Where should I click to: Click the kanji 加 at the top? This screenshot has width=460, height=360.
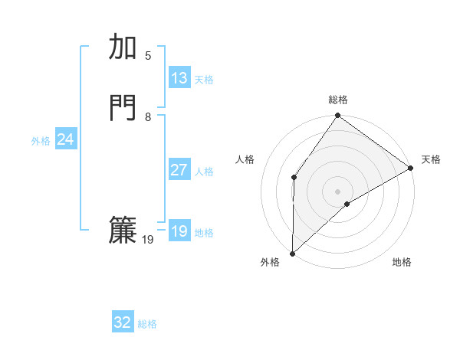(123, 47)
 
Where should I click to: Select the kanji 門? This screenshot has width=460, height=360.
(123, 108)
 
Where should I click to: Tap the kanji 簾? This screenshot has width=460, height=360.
(123, 231)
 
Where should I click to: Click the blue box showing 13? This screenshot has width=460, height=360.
(179, 78)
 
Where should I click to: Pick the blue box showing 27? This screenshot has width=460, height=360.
(179, 170)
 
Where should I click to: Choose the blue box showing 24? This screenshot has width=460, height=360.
(66, 139)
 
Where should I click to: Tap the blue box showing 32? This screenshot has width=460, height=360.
(123, 322)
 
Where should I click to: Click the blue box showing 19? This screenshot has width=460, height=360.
(179, 231)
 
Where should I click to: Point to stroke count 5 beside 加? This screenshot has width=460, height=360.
(148, 55)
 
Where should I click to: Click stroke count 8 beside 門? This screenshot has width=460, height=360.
(148, 117)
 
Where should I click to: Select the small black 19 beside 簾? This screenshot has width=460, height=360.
(148, 240)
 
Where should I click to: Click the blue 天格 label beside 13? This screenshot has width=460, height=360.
(204, 80)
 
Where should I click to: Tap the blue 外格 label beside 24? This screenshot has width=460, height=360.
(41, 141)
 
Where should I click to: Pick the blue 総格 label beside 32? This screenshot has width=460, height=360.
(147, 324)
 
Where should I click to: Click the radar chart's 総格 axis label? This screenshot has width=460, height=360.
(338, 100)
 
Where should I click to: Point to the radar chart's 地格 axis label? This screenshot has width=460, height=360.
(402, 263)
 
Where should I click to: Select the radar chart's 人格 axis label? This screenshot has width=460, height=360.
(245, 159)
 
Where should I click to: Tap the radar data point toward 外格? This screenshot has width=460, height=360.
(292, 254)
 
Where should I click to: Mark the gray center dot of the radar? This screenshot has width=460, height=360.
(337, 191)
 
